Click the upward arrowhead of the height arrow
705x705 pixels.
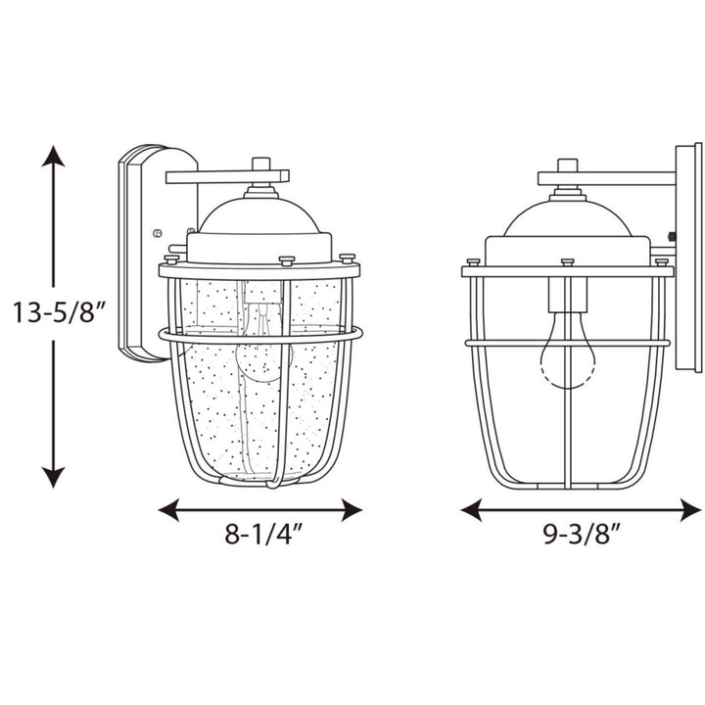click(54, 157)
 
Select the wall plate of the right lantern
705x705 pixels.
click(688, 257)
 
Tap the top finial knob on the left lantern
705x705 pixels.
click(260, 164)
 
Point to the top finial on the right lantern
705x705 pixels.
click(567, 165)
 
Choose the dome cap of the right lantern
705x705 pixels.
click(567, 221)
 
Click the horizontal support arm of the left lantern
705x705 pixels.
click(227, 177)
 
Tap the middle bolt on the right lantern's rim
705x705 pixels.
click(567, 262)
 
